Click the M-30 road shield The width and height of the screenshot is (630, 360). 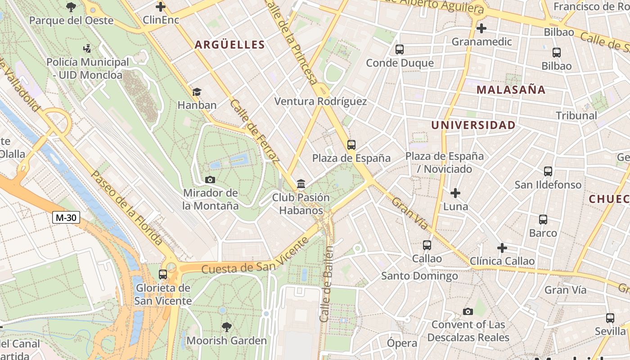pos(66,218)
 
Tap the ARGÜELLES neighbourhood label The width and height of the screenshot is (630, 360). pos(229,45)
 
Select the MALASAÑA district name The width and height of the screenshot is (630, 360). pos(511,90)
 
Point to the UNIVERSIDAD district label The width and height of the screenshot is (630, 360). pos(473,125)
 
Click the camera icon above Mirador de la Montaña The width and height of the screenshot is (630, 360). pos(210,180)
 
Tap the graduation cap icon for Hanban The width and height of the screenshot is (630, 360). pos(197,92)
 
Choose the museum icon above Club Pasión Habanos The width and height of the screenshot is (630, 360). pos(301,184)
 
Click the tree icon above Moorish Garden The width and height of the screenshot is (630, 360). pos(227,327)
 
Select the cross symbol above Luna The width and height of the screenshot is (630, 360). pos(455,193)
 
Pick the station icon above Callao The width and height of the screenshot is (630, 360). pos(427,245)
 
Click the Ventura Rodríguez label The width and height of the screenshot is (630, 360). pos(320,101)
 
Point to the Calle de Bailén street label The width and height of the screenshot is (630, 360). pos(327,284)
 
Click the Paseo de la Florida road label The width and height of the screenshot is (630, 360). pos(126,208)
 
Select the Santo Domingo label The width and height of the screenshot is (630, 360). pos(419,275)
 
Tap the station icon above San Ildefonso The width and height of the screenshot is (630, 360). pos(548,171)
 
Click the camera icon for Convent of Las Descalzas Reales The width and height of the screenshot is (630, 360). pos(468,311)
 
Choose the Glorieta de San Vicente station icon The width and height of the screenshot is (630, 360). pos(163,274)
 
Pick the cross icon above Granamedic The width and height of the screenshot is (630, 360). pos(481,28)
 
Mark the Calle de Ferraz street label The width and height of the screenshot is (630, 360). pos(254,130)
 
